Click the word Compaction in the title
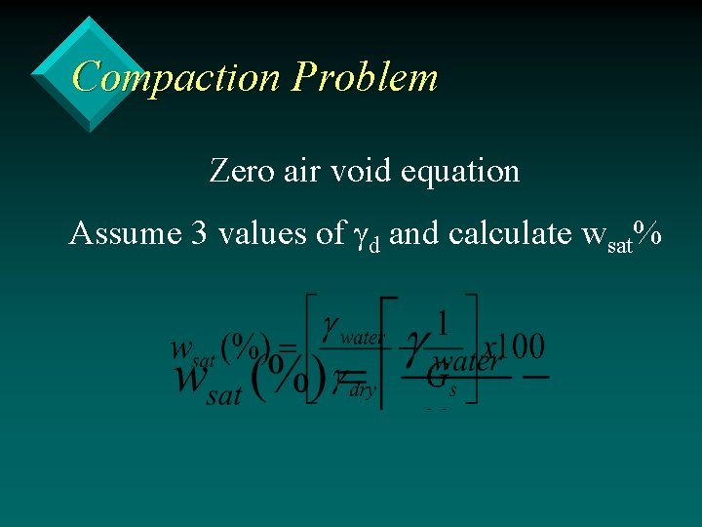tap(175, 76)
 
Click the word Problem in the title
tap(366, 76)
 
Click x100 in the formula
tap(514, 345)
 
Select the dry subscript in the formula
tap(362, 388)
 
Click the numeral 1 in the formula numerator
tap(444, 323)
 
